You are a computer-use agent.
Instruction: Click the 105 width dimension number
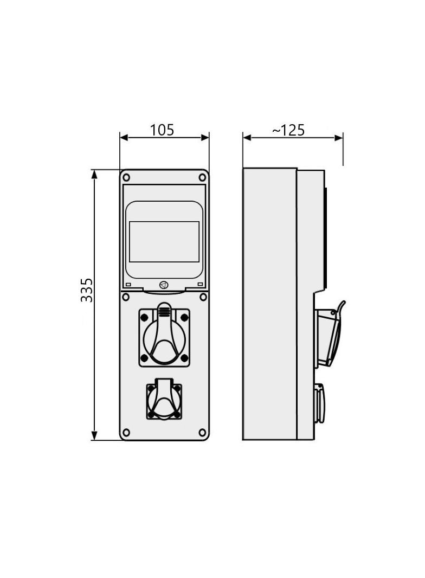[162, 130]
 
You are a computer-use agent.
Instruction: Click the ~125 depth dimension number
[288, 130]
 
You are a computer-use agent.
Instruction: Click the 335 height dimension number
[87, 290]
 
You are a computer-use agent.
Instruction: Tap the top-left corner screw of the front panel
[126, 177]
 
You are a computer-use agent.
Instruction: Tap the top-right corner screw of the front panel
[202, 177]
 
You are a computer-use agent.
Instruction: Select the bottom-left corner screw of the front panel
[126, 432]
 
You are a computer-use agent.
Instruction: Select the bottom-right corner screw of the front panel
[202, 432]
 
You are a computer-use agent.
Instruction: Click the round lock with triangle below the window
[164, 285]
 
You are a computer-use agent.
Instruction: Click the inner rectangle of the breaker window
[164, 242]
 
